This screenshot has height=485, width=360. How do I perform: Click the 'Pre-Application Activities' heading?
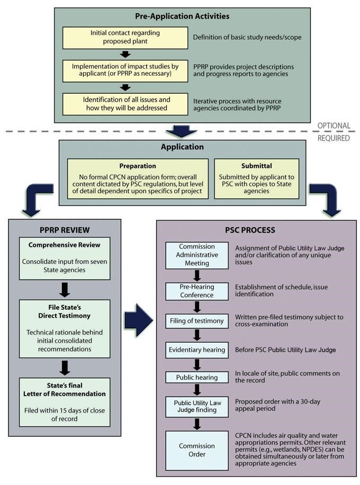182,16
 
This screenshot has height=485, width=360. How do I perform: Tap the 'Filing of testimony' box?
197,321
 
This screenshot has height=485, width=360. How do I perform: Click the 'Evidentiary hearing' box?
197,350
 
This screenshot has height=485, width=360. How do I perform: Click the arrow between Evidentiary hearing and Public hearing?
197,364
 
